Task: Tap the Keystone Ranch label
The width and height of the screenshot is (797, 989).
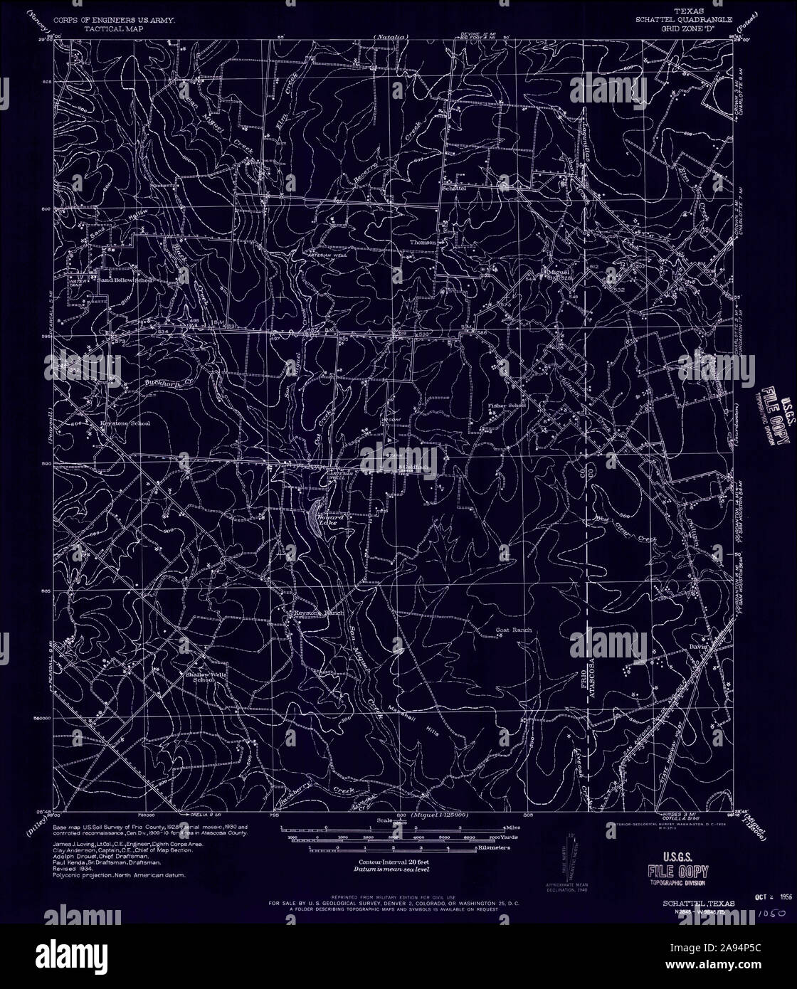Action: tap(320, 613)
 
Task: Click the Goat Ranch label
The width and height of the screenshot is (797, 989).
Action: tap(513, 630)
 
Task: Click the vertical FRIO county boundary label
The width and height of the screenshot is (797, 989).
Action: tap(578, 677)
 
